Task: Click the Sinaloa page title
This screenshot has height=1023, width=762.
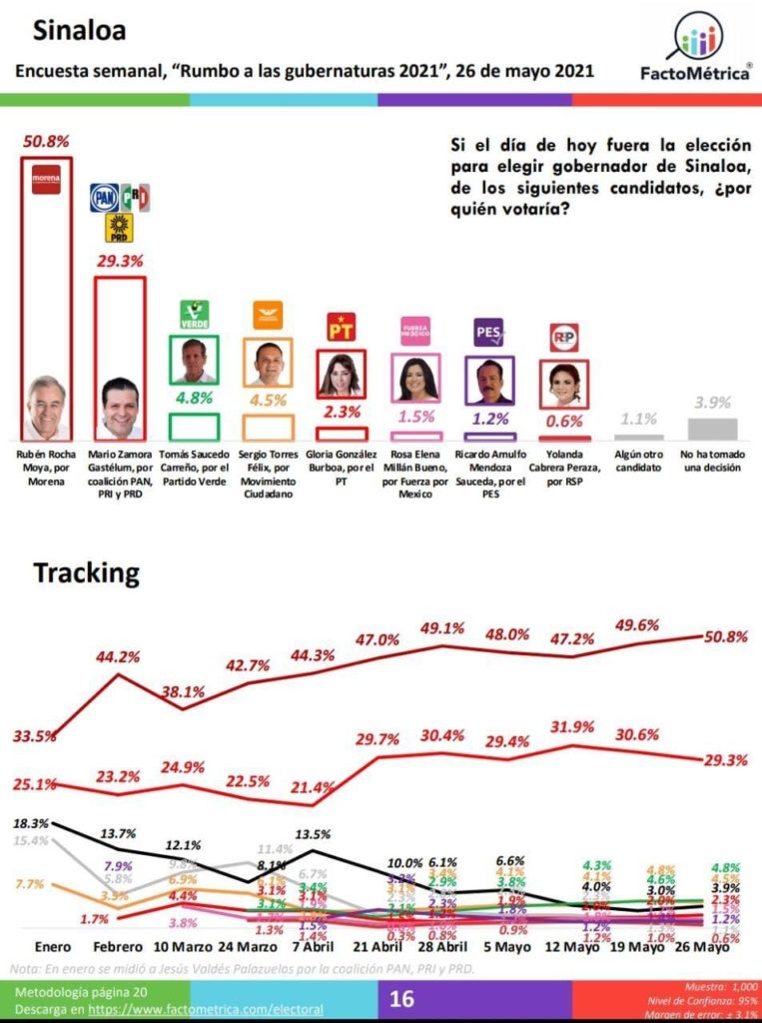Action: click(x=80, y=31)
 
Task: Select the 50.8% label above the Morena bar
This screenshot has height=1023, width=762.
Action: click(x=46, y=141)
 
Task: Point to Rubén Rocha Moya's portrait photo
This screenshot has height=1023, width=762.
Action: click(x=46, y=407)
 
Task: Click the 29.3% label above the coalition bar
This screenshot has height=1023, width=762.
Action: click(x=119, y=260)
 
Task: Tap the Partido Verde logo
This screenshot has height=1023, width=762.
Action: click(x=193, y=315)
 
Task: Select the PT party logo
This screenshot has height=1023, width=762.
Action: click(x=342, y=328)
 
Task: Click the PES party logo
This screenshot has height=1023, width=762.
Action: click(x=489, y=332)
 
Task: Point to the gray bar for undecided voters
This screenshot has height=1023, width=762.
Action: click(x=714, y=429)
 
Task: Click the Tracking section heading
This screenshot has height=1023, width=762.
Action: click(x=86, y=573)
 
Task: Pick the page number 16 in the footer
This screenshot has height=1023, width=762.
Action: click(x=401, y=998)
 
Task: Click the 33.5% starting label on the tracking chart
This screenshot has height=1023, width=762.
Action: click(x=33, y=735)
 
